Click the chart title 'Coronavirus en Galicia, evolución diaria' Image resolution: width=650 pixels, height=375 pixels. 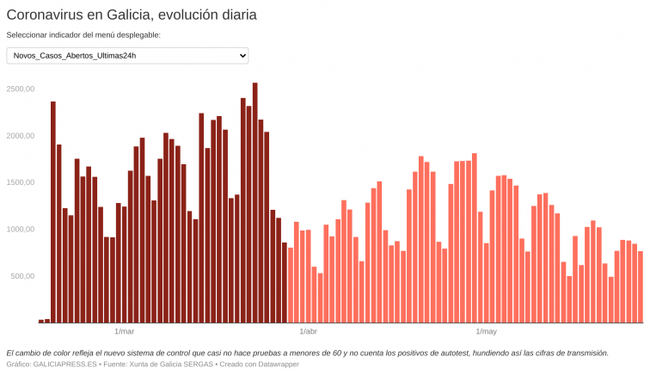[x=132, y=15]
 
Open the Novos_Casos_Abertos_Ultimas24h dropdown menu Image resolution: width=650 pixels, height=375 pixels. [x=127, y=56]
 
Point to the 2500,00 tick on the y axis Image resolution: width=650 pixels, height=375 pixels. [x=20, y=89]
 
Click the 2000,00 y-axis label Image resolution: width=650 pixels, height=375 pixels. [x=20, y=136]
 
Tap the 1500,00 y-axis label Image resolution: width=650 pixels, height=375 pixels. [x=20, y=182]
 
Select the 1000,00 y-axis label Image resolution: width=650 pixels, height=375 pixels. [x=20, y=230]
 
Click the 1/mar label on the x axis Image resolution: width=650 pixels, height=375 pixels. [x=124, y=331]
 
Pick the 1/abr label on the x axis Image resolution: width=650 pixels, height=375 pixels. [x=308, y=331]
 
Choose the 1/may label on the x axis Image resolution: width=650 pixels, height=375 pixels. [x=486, y=331]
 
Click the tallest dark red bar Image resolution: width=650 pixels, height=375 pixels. [x=255, y=203]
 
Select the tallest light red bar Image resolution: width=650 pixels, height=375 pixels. [x=475, y=238]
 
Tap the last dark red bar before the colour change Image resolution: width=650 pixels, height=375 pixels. [x=285, y=282]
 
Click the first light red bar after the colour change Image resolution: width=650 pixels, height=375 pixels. [x=291, y=285]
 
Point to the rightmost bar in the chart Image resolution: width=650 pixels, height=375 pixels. [x=641, y=286]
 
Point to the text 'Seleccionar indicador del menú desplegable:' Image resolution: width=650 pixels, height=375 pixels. [x=83, y=35]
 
